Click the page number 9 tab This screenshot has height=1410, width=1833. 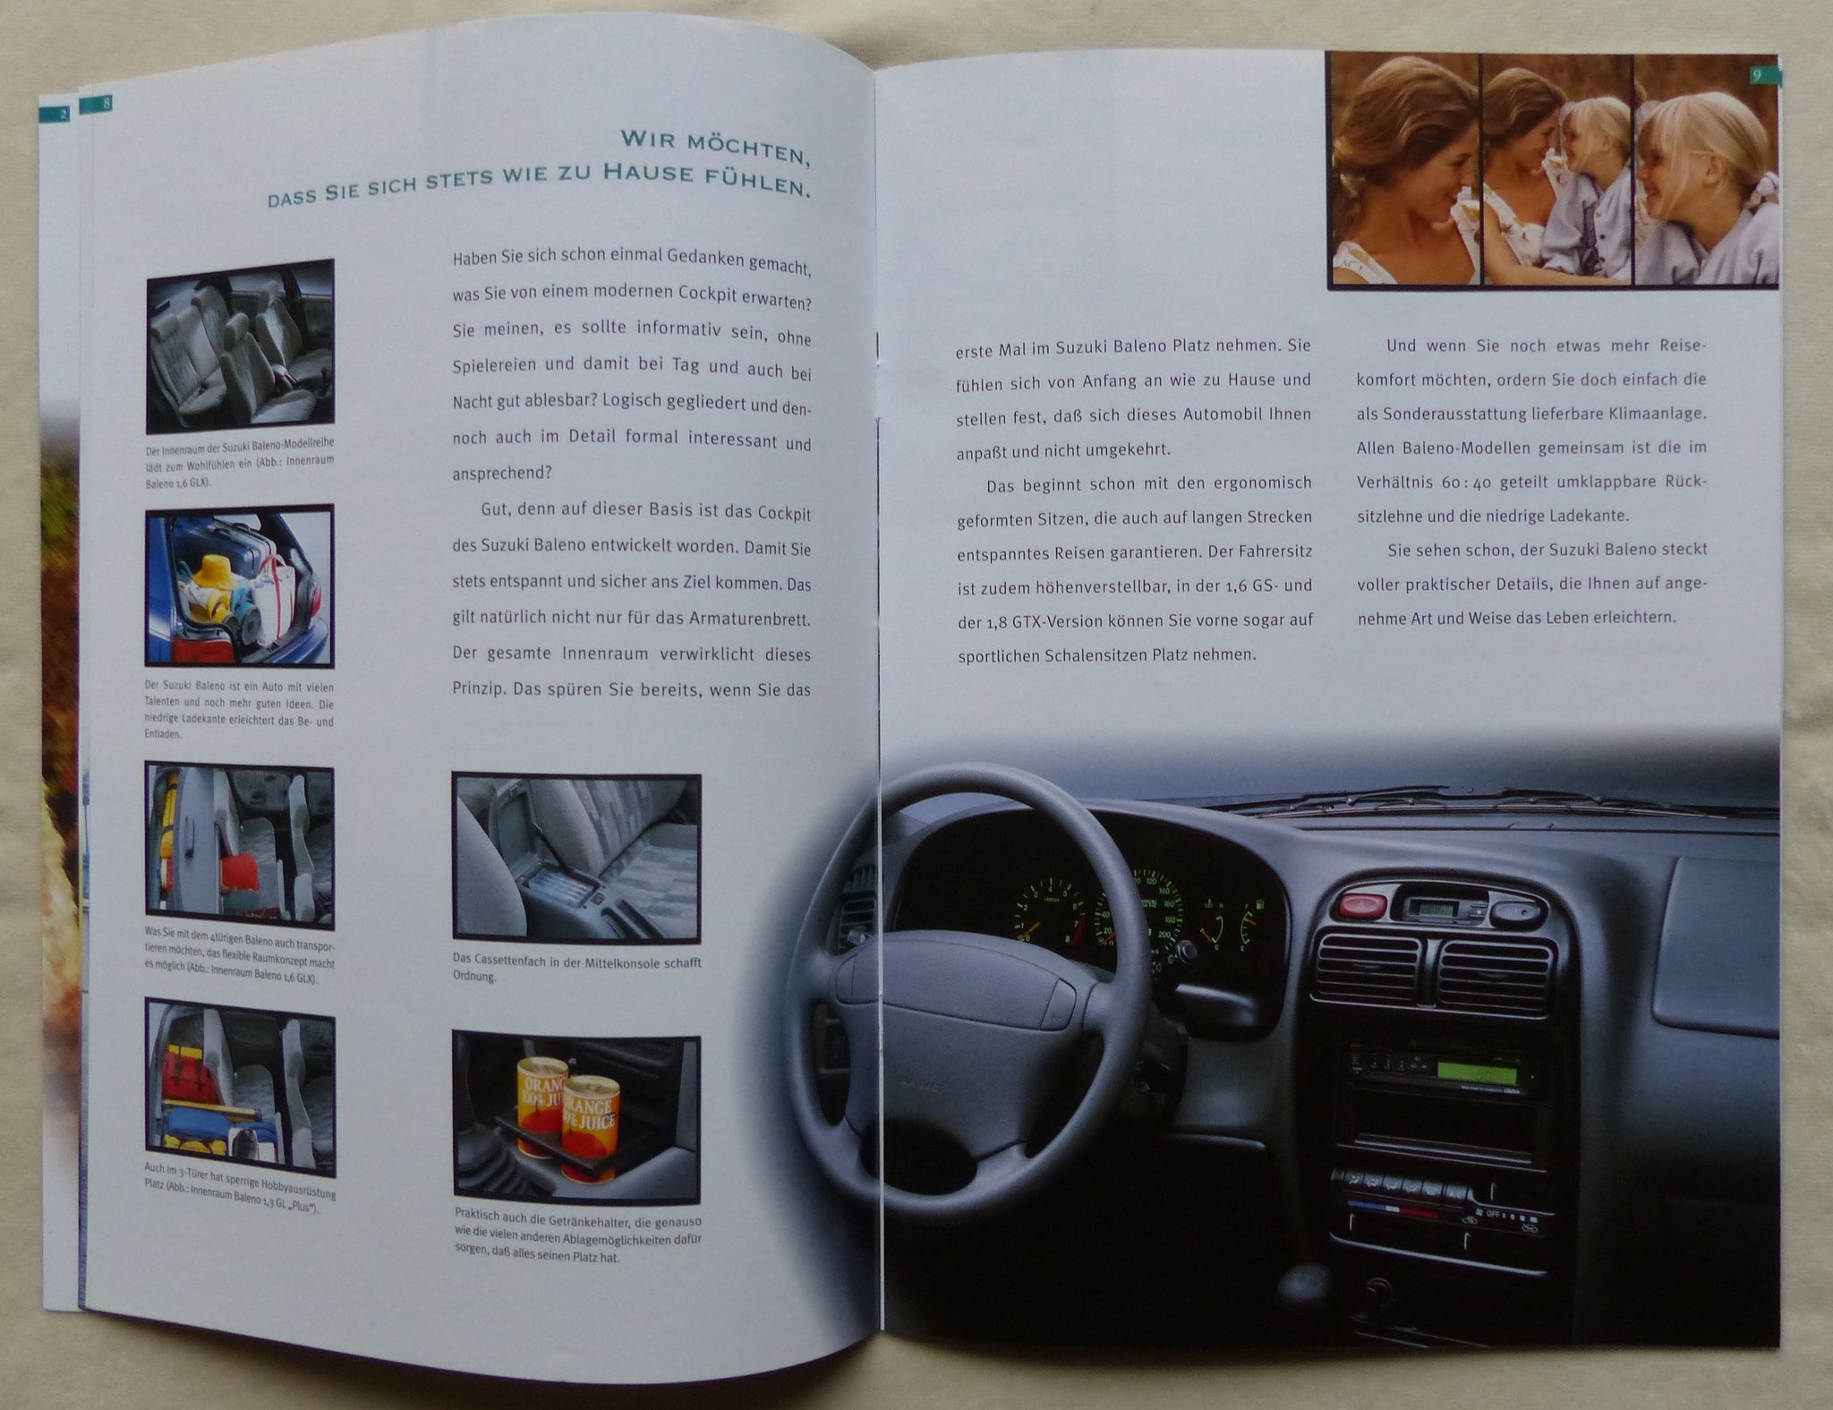1757,76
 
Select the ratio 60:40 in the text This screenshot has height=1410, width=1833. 1463,482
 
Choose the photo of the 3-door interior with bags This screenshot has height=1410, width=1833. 240,1089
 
